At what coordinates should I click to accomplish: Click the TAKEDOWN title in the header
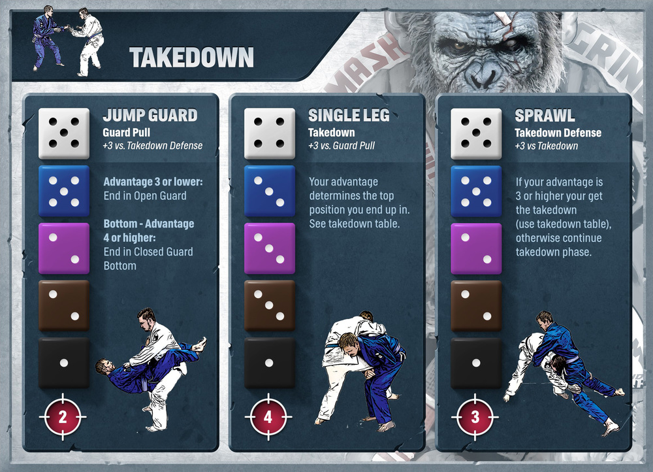(x=191, y=58)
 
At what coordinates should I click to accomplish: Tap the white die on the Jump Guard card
(x=64, y=133)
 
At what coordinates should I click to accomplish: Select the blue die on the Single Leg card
(x=270, y=191)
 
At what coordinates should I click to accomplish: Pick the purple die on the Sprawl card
(x=476, y=248)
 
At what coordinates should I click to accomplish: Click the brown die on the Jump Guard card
(x=64, y=306)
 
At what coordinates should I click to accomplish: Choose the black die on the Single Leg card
(x=270, y=363)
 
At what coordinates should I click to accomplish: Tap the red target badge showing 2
(x=63, y=416)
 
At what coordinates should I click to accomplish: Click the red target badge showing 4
(x=268, y=416)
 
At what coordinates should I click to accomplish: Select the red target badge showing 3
(x=475, y=416)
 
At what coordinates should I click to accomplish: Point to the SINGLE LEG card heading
(x=349, y=115)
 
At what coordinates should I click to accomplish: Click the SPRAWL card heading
(x=545, y=116)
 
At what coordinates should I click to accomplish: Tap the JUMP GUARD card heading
(x=150, y=115)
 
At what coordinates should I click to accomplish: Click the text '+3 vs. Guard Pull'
(x=342, y=146)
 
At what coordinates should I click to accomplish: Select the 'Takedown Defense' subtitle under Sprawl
(x=558, y=133)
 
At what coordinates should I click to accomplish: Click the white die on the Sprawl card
(x=476, y=133)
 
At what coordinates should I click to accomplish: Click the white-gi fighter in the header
(x=88, y=42)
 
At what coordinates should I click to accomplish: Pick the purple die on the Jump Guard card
(x=64, y=248)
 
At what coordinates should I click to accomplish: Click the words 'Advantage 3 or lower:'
(x=153, y=182)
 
